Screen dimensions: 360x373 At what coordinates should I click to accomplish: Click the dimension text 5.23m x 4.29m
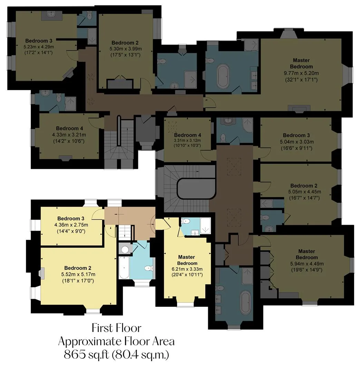click(39, 47)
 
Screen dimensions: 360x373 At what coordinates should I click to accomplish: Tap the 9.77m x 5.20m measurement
click(301, 73)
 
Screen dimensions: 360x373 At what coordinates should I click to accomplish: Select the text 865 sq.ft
click(86, 355)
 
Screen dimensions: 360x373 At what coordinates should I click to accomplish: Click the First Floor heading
click(117, 328)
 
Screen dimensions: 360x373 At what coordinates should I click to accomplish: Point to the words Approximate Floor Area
click(117, 342)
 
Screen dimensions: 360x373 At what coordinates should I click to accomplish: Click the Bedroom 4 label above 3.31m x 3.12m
click(188, 135)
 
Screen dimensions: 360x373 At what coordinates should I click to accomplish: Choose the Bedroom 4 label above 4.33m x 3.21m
click(69, 128)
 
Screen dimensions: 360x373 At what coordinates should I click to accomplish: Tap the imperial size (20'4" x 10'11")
click(187, 275)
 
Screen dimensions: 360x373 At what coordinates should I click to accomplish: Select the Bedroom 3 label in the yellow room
click(71, 218)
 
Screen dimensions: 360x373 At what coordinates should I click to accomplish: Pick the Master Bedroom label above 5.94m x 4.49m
click(307, 254)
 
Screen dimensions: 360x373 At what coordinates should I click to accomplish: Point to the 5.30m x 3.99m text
click(126, 49)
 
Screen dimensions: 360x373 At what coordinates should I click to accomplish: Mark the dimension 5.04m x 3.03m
click(297, 142)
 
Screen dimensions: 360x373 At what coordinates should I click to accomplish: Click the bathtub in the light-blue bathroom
click(124, 268)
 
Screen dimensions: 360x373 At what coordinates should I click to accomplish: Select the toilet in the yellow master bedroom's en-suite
click(185, 222)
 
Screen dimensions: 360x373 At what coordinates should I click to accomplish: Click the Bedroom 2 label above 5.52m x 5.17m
click(78, 268)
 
